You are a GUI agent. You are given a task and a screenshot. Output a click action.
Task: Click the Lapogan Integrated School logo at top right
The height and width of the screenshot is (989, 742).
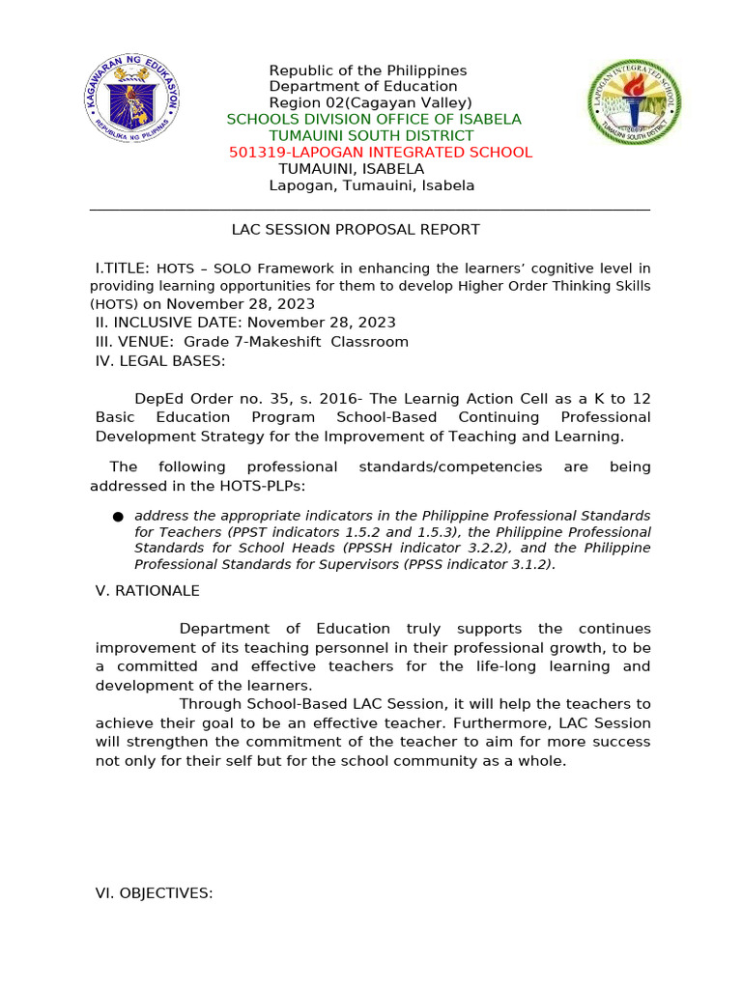634,103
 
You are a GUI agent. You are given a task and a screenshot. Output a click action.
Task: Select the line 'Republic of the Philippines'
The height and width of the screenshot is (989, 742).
367,71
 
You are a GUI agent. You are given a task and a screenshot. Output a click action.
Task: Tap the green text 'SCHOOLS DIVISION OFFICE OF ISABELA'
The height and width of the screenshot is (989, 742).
373,120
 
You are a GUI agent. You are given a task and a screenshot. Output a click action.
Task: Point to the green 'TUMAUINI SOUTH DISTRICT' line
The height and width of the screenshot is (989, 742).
371,136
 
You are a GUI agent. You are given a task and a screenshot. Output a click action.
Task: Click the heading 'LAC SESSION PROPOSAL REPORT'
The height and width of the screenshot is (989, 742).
356,230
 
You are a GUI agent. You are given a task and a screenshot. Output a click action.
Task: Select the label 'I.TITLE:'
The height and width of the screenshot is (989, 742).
122,268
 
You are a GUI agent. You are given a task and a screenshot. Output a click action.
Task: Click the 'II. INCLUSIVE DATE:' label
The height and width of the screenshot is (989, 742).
169,323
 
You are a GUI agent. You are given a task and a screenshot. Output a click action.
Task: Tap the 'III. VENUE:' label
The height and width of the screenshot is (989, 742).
135,342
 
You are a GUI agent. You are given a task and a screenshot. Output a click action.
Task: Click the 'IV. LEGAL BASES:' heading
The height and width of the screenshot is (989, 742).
160,361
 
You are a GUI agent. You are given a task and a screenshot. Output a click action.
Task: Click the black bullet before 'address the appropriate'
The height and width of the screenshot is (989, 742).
118,518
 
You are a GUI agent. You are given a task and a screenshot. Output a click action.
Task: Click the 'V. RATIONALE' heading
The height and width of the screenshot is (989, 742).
147,591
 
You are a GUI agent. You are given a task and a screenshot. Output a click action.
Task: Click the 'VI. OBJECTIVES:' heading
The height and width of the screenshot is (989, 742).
154,894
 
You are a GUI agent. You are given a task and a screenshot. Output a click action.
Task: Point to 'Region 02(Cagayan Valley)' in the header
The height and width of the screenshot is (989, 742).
370,103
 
